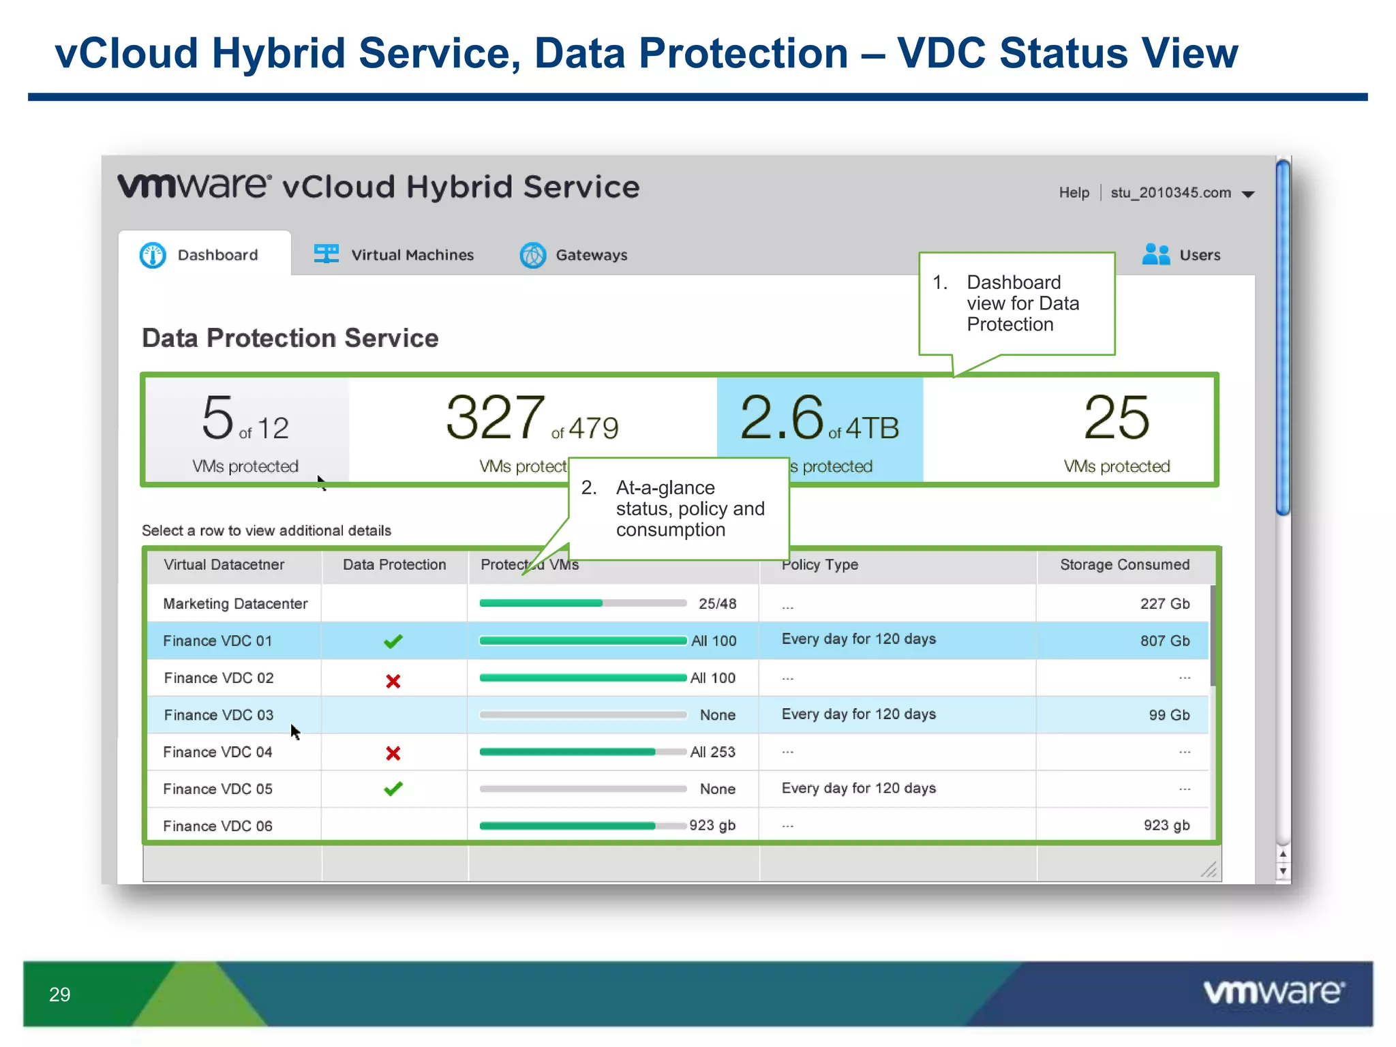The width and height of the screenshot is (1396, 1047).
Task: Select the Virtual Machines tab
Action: point(394,255)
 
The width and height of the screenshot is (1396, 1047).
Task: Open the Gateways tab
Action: point(574,255)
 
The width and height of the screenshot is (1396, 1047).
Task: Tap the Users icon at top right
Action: point(1156,254)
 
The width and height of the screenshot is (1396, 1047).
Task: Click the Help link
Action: point(1074,193)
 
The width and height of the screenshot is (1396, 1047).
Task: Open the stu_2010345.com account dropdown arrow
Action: point(1248,194)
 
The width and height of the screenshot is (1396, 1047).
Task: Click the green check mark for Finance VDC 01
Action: point(393,641)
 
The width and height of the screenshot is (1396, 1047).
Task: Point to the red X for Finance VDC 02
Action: point(393,681)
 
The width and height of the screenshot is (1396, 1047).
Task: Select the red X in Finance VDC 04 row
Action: point(393,753)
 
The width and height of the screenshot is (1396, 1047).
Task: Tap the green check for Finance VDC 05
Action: point(393,789)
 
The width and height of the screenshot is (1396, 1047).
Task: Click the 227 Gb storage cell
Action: point(1164,604)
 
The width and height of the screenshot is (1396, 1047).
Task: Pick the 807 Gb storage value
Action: point(1164,641)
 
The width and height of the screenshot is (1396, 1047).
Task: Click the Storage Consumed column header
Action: point(1124,564)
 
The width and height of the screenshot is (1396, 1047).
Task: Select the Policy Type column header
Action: point(820,564)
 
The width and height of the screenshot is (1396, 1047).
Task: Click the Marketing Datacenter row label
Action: point(235,604)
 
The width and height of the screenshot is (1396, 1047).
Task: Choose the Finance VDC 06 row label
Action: point(217,826)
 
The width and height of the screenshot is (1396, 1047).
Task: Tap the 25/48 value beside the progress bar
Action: point(717,604)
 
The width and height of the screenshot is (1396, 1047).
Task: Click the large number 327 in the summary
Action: point(496,417)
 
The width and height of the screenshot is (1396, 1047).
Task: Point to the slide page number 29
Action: point(60,995)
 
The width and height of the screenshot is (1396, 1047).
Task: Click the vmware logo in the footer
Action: point(1273,992)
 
